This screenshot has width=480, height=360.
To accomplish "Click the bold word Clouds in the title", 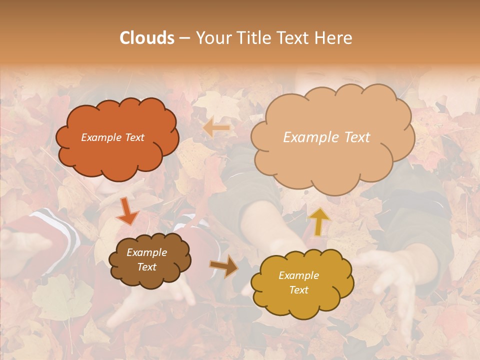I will (147, 38).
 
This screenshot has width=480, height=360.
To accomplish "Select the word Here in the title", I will (334, 38).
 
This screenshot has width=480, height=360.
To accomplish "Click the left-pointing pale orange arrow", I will (216, 128).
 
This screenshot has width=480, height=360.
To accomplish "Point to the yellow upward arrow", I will (319, 221).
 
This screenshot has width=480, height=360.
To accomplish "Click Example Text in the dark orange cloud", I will (112, 137).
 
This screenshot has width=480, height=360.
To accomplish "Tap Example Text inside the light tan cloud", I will (326, 137).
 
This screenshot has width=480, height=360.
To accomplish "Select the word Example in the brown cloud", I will (146, 252).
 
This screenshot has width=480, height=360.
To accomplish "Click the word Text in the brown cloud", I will (146, 267).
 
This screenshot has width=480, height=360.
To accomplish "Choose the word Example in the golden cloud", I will (298, 275).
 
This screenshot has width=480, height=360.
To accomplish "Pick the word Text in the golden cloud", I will (298, 290).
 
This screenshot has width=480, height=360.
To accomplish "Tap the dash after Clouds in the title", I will (184, 38).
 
